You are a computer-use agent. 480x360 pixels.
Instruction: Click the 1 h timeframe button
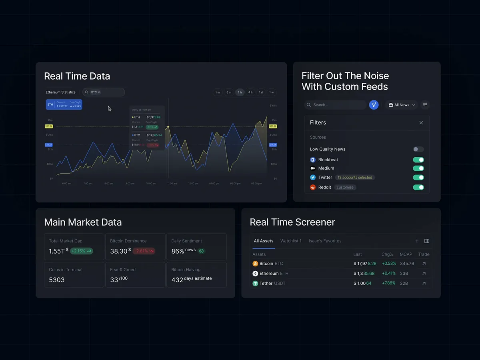pos(240,92)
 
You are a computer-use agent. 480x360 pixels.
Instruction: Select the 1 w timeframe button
pos(272,92)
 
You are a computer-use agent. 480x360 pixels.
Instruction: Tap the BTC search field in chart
pos(104,92)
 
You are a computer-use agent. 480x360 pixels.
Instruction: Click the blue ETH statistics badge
pos(64,104)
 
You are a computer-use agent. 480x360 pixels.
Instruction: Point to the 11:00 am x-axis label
pos(172,184)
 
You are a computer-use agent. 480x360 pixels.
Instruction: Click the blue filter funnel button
pos(374,105)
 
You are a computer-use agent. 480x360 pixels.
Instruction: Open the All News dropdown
pos(402,105)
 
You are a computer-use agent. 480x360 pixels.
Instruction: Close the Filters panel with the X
pos(421,123)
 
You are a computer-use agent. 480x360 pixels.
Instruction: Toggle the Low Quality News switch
pos(418,149)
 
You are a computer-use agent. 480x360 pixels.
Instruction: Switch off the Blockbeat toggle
pos(418,160)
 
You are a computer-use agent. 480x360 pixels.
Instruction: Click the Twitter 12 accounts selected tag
pos(355,178)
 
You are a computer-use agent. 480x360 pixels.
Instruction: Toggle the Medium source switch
pos(418,168)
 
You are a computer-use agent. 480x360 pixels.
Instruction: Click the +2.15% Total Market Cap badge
pos(82,251)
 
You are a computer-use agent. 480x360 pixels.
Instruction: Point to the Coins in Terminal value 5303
pos(57,280)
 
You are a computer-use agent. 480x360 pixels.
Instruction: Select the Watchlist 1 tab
pos(291,241)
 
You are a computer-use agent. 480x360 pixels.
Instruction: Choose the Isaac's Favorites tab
pos(325,241)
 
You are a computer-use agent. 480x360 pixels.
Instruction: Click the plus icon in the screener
pos(417,241)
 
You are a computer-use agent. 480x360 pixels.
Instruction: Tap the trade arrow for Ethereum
pos(424,274)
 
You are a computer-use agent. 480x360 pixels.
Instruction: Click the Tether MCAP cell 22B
pos(404,284)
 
